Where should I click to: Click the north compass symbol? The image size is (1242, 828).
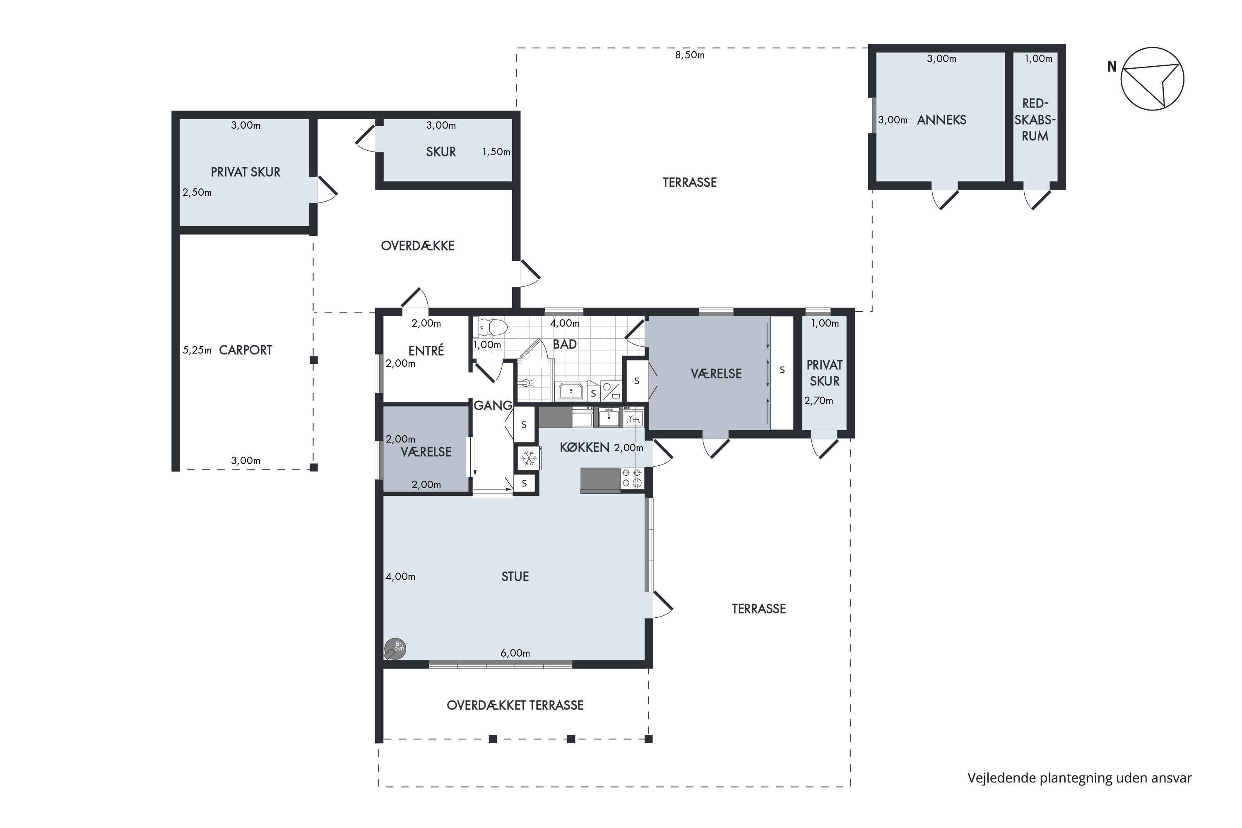click(1152, 79)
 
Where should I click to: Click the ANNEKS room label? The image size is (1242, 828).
click(941, 120)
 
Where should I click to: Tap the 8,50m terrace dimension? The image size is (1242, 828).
click(690, 55)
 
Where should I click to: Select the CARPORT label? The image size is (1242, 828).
click(246, 350)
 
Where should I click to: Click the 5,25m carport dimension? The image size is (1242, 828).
click(197, 350)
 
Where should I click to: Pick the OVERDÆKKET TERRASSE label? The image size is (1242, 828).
click(515, 705)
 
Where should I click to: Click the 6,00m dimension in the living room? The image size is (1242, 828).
click(515, 653)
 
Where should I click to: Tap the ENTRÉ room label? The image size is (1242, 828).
click(426, 350)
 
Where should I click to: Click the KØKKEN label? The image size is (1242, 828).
click(585, 447)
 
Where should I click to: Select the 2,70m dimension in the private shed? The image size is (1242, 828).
click(818, 401)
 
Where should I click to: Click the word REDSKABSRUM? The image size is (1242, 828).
click(1035, 120)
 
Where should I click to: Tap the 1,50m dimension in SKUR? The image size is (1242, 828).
click(496, 152)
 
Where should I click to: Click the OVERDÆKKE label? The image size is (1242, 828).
click(418, 246)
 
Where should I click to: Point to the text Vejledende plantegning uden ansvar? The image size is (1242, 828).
click(1079, 778)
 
